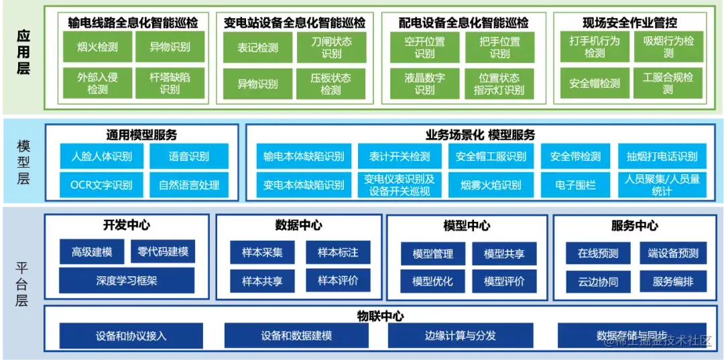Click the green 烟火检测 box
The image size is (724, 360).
[97, 47]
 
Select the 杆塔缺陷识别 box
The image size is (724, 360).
[170, 83]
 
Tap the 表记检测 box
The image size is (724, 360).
[257, 48]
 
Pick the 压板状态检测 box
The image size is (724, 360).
[330, 84]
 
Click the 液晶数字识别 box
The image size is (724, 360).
[424, 84]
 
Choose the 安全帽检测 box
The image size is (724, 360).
[595, 84]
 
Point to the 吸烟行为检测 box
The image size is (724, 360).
[668, 47]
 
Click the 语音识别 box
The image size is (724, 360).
[188, 157]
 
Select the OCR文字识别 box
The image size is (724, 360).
[101, 184]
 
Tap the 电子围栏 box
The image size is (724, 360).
[576, 184]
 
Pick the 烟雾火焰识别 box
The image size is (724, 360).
[491, 184]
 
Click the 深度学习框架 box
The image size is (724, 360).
[127, 280]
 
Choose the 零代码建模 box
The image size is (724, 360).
[163, 252]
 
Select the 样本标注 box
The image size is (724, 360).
[338, 253]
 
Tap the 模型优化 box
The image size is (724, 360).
[432, 281]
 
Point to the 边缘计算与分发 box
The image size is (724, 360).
[460, 335]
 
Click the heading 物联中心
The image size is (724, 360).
[380, 316]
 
